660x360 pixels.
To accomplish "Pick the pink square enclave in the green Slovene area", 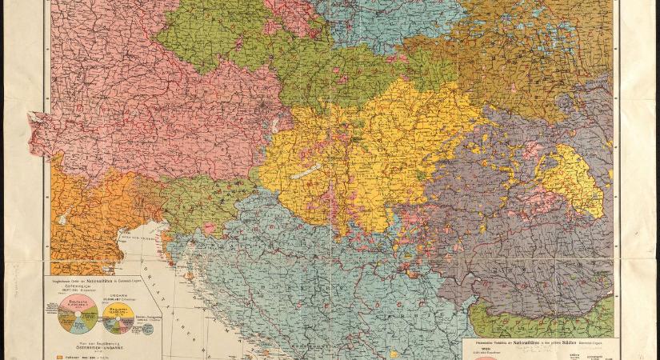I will [209, 229].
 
